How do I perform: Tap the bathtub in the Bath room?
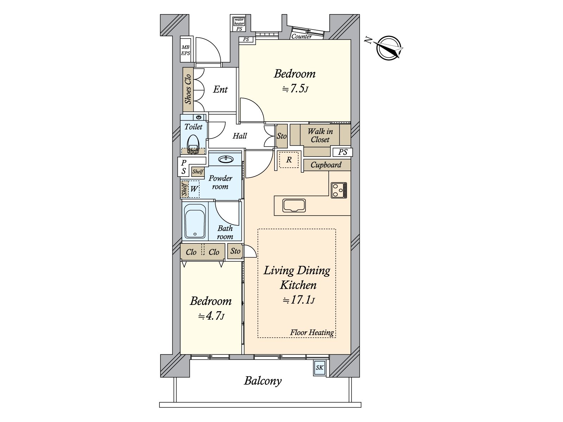tap(195, 221)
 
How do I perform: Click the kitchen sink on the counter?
tap(294, 206)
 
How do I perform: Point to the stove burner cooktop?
tap(339, 190)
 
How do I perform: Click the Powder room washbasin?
tap(226, 159)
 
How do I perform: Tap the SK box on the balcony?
tap(320, 368)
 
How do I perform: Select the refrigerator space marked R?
tap(289, 160)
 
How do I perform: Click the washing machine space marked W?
tap(194, 189)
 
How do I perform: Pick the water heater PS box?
tap(239, 24)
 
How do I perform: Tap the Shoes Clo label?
tap(188, 89)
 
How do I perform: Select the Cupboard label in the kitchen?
tap(326, 165)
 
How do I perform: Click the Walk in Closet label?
tap(320, 135)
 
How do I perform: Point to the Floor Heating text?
tap(312, 332)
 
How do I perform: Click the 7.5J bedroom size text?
tap(295, 89)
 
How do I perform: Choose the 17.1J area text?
tap(298, 300)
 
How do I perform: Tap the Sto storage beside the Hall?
tap(281, 136)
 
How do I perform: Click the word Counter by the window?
tap(302, 36)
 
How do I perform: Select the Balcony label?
tap(262, 381)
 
